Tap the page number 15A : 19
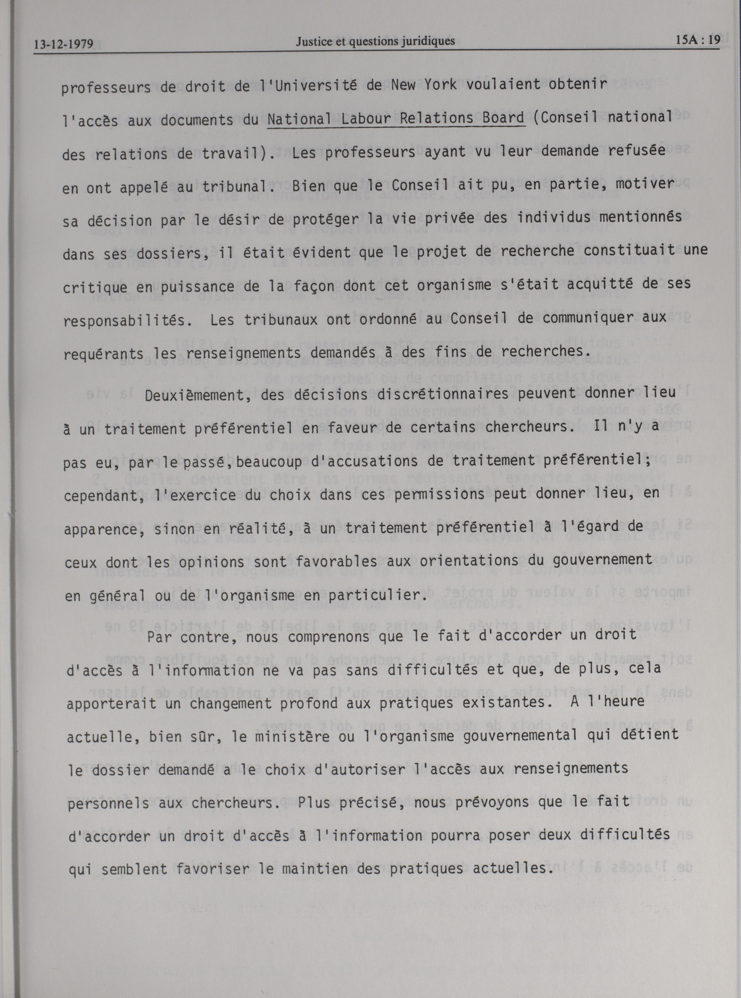[697, 40]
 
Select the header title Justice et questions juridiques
[375, 41]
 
